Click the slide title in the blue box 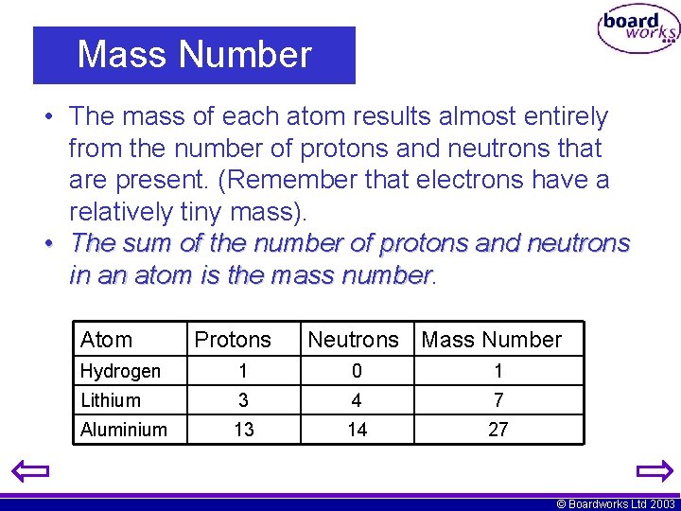click(194, 55)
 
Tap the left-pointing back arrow click(29, 470)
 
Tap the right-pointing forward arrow click(654, 470)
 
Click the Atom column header click(106, 340)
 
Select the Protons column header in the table click(233, 340)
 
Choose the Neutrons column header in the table click(354, 340)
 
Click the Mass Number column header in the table click(491, 340)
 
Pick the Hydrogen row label click(120, 371)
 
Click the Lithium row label click(111, 400)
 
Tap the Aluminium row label click(124, 430)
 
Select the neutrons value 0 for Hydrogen click(357, 371)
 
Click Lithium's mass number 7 click(498, 400)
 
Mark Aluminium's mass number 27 click(498, 430)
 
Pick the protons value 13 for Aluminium click(244, 430)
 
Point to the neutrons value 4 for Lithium click(357, 400)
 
